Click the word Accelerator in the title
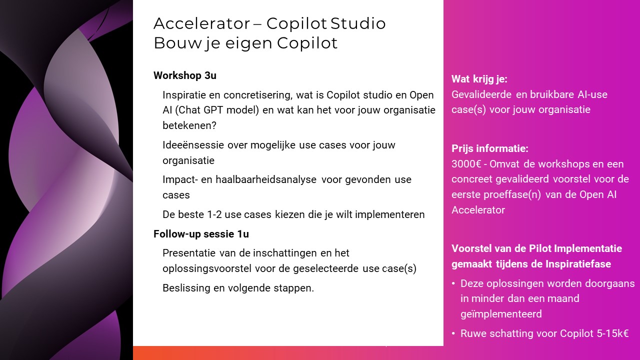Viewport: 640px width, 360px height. (201, 23)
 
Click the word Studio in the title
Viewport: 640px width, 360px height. (358, 23)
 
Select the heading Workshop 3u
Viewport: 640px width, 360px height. (185, 75)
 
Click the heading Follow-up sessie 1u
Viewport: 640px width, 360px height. (201, 234)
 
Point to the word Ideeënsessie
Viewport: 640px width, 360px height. (193, 145)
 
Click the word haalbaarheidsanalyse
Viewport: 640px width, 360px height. (266, 179)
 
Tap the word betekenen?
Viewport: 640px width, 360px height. (189, 125)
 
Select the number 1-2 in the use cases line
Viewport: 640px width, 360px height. (214, 214)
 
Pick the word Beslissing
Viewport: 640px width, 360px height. (186, 288)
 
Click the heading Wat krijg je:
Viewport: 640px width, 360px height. (479, 79)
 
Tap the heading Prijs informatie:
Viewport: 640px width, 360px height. (490, 148)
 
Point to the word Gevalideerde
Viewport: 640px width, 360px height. (481, 94)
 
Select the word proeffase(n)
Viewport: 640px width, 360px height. (512, 194)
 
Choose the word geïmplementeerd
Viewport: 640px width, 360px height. (501, 314)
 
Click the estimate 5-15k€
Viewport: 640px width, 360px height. (613, 333)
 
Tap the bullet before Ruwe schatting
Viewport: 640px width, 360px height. (453, 333)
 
